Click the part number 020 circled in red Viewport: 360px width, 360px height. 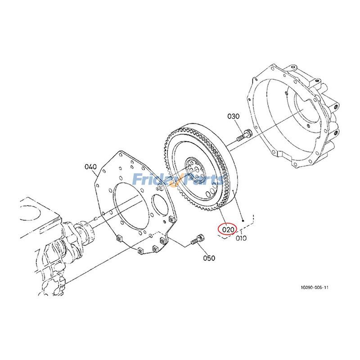click(x=228, y=229)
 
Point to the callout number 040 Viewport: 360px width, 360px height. click(x=90, y=167)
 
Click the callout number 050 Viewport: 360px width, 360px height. click(x=209, y=258)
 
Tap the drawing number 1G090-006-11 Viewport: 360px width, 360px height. click(x=315, y=288)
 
